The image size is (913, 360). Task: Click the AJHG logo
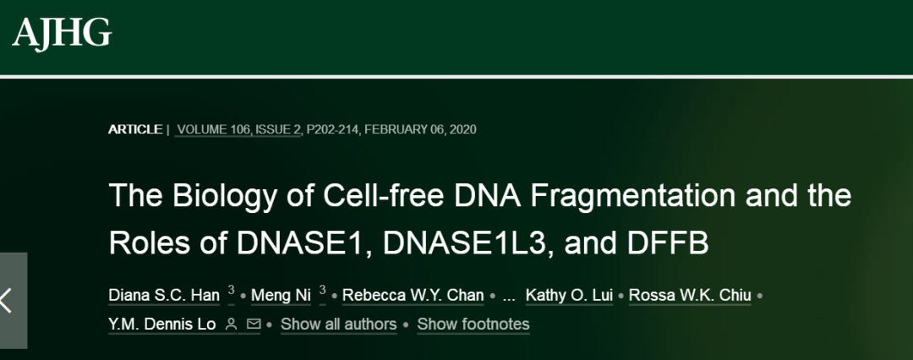pos(62,33)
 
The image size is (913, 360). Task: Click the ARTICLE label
pos(135,129)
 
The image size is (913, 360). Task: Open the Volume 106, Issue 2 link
pos(238,129)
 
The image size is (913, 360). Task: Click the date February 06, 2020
pos(418,129)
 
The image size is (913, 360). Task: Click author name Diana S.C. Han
pos(164,295)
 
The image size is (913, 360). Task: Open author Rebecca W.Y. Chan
pos(413,295)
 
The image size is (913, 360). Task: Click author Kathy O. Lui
pos(569,295)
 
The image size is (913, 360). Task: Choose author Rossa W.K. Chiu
pos(690,295)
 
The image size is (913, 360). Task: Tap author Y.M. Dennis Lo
pos(161,324)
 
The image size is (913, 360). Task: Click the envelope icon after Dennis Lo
pos(254,324)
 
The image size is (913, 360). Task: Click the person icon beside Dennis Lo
pos(231,324)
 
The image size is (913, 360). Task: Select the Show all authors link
pos(339,324)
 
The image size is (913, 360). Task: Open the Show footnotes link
pos(473,324)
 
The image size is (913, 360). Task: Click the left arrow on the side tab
pos(6,301)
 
